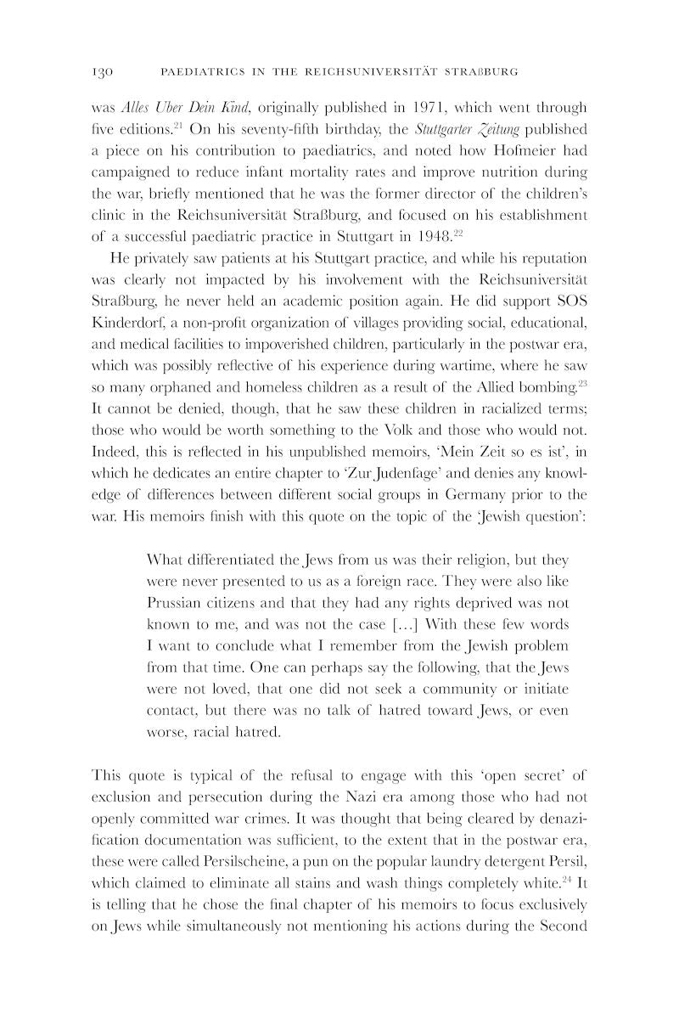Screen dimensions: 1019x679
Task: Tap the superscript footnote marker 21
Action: tap(181, 126)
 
